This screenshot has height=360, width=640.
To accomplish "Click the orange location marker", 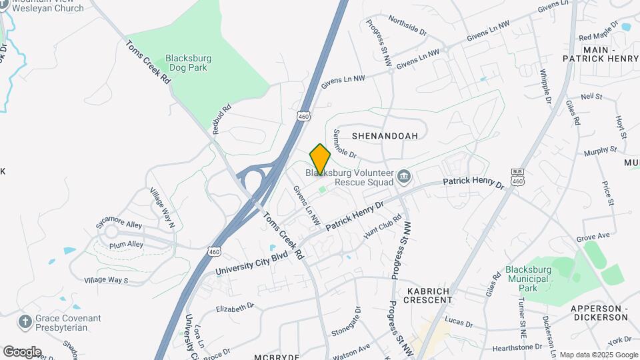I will [320, 159].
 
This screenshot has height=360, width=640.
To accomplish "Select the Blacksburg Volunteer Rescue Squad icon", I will [403, 177].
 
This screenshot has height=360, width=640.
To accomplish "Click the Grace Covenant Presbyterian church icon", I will [25, 323].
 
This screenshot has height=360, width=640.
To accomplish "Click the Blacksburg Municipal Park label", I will [531, 279].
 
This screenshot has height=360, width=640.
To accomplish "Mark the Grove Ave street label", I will [593, 237].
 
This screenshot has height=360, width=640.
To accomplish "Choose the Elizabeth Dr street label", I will [235, 307].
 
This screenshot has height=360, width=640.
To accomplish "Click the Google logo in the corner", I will [22, 351].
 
